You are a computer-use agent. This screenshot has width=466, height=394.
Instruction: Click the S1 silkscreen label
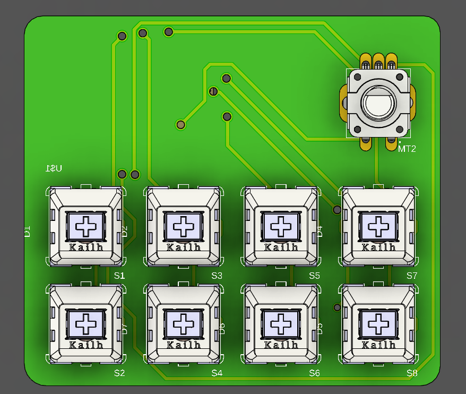pos(119,276)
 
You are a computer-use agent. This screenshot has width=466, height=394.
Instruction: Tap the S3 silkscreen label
pos(217,276)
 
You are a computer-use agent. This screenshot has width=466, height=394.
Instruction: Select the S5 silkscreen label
pos(314,276)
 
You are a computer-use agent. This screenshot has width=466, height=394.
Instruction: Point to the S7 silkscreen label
pos(412,276)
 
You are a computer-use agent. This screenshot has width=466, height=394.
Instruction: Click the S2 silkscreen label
pos(119,373)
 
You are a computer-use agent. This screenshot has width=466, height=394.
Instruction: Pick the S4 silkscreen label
pos(217,373)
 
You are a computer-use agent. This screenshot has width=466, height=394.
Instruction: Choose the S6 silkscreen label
pos(314,373)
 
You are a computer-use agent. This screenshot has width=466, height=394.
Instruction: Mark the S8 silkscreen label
pos(412,373)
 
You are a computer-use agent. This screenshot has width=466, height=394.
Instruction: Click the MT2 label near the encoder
pos(407,149)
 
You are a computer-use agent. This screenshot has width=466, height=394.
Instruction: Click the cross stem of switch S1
pos(86,227)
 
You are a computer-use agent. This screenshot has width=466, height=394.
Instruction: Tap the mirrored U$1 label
pos(54,169)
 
